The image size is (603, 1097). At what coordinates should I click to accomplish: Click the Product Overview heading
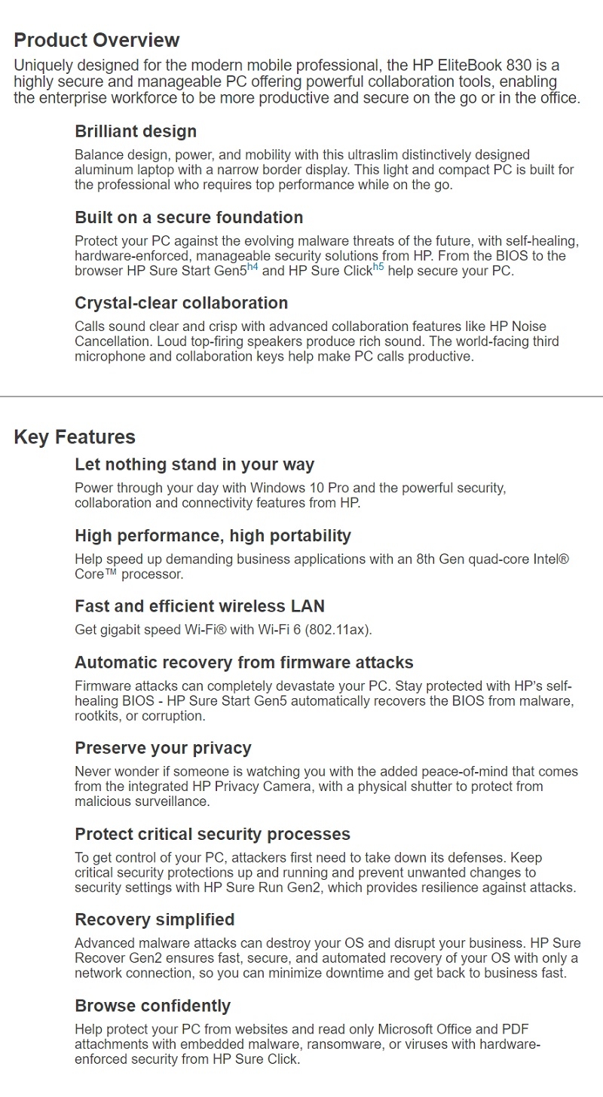96,40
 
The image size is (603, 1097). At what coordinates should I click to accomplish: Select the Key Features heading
75,437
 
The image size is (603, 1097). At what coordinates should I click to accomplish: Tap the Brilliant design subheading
136,131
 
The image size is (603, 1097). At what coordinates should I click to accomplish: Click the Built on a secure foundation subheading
188,217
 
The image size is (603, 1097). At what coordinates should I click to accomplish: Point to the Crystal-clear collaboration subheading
181,303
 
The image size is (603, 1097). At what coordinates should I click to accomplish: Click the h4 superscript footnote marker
253,267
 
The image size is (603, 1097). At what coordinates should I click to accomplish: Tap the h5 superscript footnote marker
378,267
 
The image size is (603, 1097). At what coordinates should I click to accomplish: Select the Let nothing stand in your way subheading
194,464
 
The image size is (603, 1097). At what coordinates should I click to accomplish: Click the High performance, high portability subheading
213,536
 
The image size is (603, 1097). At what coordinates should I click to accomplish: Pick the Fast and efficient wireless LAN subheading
200,606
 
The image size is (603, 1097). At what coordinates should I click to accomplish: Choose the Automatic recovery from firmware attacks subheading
244,663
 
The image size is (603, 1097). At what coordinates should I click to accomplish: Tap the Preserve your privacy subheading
163,748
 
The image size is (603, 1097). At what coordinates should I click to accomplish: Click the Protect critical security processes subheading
213,834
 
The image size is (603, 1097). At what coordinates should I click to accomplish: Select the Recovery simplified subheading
155,920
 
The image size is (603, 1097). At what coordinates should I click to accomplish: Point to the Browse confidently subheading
152,1006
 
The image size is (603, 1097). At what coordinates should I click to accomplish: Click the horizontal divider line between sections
301,396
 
